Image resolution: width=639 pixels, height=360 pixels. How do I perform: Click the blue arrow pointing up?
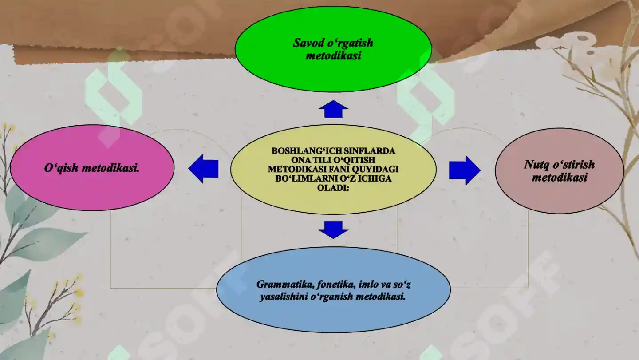pos(333,109)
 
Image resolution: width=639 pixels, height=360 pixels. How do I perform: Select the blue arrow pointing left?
pos(203,169)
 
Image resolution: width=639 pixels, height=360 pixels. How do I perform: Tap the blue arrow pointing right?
pos(465,170)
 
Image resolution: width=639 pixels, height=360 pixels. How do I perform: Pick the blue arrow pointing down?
pos(333,230)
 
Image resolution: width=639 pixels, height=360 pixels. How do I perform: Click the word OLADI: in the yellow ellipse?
pos(333,188)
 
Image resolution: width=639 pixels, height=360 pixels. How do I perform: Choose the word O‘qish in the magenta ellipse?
pos(61,168)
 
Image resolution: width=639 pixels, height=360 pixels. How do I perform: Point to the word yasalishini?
pos(284,297)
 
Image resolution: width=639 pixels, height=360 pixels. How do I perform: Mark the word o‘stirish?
pos(574,165)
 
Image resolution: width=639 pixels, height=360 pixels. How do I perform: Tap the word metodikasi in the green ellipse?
pos(333,55)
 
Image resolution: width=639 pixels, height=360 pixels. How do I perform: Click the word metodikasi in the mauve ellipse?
pos(560,178)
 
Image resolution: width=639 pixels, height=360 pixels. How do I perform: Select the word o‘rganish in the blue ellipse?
pos(331,297)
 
